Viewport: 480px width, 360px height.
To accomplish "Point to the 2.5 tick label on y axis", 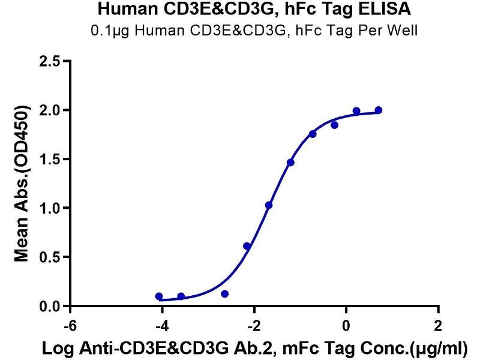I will point(50,61).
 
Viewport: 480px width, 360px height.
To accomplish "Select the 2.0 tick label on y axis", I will point(50,110).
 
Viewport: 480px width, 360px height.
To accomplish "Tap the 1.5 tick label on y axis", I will point(50,159).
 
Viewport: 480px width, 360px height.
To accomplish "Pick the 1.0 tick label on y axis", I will point(50,208).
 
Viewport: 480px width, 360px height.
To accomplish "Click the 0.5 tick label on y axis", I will point(50,257).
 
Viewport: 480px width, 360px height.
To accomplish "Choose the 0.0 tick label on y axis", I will point(50,307).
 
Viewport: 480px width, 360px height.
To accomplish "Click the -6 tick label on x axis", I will point(70,326).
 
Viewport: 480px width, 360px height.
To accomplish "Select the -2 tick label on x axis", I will point(254,326).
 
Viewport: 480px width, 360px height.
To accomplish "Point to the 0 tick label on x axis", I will point(346,326).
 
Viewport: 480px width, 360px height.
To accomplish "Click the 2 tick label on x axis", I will point(438,326).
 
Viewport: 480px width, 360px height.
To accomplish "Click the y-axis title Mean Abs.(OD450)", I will point(23,184).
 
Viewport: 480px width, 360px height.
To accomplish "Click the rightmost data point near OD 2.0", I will point(379,110).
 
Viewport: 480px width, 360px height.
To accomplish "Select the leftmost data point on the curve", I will point(159,296).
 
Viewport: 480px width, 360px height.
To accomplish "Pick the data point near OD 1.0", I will point(269,205).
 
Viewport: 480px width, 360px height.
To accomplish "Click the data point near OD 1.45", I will point(290,163).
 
